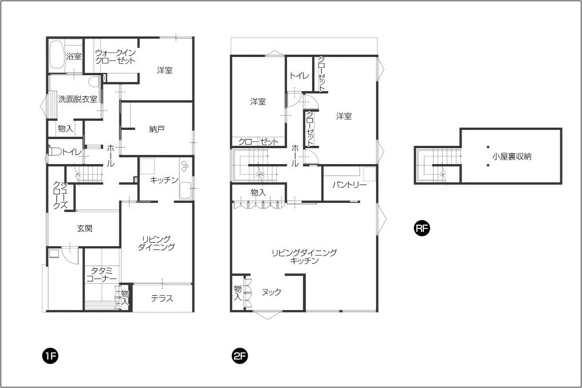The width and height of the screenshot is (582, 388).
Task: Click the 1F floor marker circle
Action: pos(50,357)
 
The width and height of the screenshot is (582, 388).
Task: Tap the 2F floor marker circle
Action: pos(240,357)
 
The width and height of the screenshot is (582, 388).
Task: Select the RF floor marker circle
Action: pos(422,228)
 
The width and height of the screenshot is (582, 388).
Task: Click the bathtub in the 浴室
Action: pos(57,55)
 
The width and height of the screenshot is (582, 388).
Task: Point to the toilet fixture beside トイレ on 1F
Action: pos(54,152)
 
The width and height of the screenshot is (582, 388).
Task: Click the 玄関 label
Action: pos(84,228)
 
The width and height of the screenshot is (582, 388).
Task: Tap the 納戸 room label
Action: pos(157,130)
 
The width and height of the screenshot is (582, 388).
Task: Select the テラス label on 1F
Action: pos(162,299)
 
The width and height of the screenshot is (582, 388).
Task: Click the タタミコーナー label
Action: pos(102,275)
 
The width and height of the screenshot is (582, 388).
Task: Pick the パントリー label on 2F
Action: pos(349,185)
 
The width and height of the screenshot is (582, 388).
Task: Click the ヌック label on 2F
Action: pos(272,292)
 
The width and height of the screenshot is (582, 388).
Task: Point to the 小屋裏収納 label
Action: pos(512,157)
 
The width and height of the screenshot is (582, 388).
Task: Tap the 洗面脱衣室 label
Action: pos(78,99)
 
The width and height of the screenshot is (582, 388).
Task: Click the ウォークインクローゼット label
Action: pos(115,57)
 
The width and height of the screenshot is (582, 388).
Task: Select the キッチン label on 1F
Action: pos(164,180)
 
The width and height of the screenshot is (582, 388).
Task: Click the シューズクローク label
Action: pos(60,195)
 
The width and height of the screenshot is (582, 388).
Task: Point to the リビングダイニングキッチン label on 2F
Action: pos(304,257)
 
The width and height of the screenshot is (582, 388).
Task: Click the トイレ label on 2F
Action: pos(299,76)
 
